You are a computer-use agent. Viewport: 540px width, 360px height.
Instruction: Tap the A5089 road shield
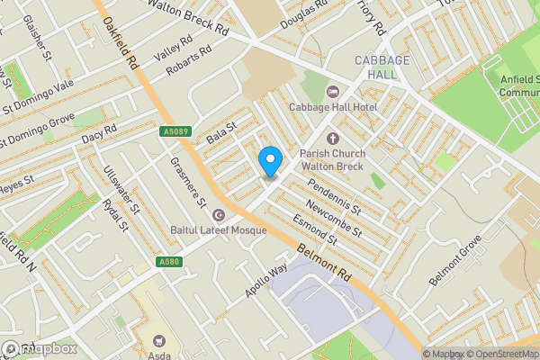[x=176, y=132]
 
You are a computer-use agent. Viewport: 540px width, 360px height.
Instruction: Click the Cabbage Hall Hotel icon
[x=332, y=91]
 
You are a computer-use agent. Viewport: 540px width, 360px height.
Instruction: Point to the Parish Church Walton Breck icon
[x=332, y=139]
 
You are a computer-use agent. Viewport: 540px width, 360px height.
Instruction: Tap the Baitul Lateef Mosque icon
[x=218, y=215]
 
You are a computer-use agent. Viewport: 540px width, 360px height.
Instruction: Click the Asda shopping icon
[x=160, y=341]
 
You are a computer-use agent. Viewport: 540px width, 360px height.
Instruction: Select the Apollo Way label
[x=265, y=282]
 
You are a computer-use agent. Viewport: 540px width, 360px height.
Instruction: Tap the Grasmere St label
[x=190, y=179]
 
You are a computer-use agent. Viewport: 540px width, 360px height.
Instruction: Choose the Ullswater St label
[x=121, y=190]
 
